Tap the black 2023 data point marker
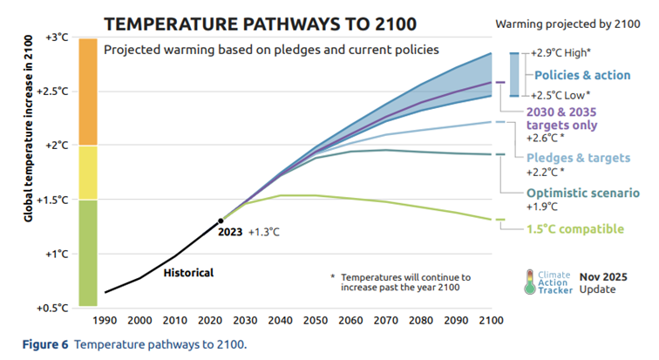click(221, 221)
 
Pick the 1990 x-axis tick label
click(105, 321)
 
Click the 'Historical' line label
click(188, 273)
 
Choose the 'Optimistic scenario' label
click(583, 193)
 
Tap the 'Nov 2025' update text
click(604, 275)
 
